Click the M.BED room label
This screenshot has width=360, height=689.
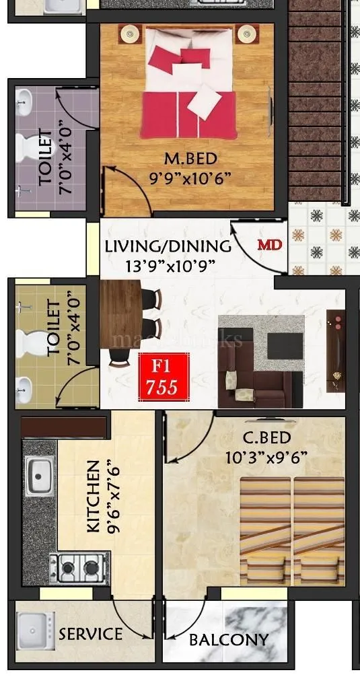(190, 159)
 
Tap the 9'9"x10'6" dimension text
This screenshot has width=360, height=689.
(190, 178)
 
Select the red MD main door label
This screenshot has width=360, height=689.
(269, 245)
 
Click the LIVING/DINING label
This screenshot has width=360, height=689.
(168, 246)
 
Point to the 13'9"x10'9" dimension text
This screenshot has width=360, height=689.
(170, 265)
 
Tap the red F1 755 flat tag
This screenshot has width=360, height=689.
(161, 377)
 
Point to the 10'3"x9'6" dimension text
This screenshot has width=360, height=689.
(266, 457)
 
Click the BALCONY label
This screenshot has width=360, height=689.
(229, 639)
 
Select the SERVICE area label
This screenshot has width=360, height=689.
(90, 634)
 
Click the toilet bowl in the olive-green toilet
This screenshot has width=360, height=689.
(28, 344)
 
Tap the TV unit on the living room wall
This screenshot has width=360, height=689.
(335, 350)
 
